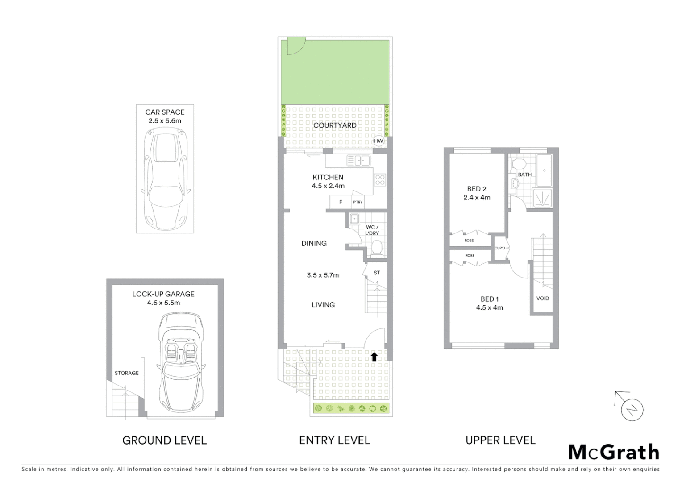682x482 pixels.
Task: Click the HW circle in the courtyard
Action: click(x=378, y=141)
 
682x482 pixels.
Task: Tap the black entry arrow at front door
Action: click(x=374, y=357)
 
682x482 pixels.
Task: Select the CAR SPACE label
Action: click(x=165, y=112)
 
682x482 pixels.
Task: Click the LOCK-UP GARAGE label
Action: click(x=163, y=294)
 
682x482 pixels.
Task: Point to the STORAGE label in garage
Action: click(x=126, y=373)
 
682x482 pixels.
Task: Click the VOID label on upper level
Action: click(x=542, y=299)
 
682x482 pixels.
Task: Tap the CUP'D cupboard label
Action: click(x=500, y=248)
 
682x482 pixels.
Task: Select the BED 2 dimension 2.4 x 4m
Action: click(x=477, y=198)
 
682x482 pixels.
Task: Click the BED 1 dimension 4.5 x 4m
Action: click(x=489, y=307)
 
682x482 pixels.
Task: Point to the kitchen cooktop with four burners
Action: click(x=380, y=180)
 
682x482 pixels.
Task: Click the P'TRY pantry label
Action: click(x=358, y=202)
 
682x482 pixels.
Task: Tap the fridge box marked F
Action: click(x=341, y=202)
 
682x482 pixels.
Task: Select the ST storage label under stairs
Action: click(x=377, y=273)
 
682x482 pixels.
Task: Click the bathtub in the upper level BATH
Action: click(x=544, y=170)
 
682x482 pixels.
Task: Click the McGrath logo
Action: click(x=613, y=452)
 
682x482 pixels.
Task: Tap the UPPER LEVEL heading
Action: click(x=500, y=440)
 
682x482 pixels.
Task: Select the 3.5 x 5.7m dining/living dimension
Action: click(x=323, y=275)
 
